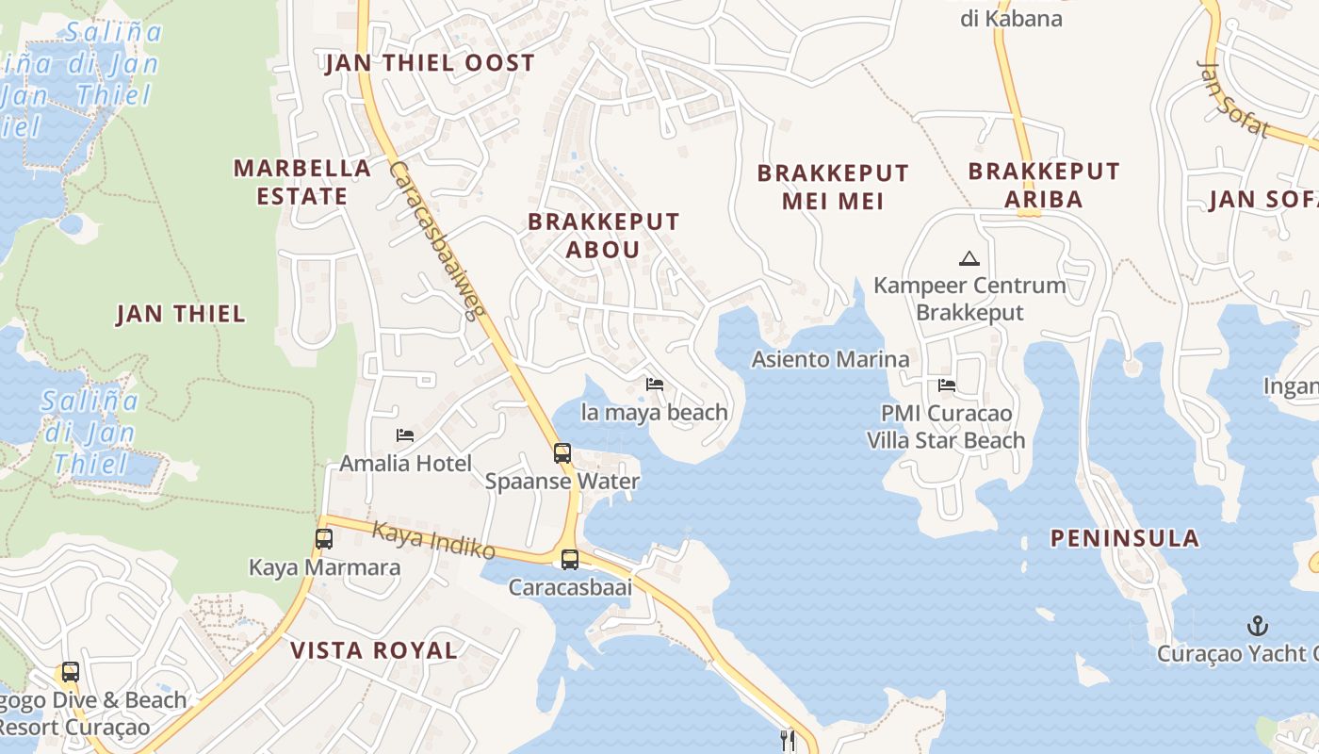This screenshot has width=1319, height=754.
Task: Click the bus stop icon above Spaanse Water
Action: coord(562,453)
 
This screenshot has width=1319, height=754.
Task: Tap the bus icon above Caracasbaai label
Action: coord(570,559)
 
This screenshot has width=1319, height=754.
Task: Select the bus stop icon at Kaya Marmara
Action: coord(324,539)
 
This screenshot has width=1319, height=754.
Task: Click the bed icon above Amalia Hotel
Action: coord(405,434)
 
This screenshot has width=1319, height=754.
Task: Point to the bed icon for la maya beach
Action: coord(655,384)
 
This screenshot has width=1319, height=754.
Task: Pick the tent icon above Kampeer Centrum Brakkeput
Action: coord(969,257)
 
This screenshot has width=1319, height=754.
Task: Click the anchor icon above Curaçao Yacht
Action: coord(1257,626)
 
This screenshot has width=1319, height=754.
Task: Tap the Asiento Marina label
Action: coord(830,359)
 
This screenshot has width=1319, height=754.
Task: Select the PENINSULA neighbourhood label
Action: coord(1125,538)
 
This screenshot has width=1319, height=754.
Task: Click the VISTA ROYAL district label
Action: coord(374,650)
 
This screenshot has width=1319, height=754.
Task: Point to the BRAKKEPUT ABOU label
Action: coord(603,236)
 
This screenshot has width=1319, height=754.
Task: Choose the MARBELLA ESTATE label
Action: coord(302,182)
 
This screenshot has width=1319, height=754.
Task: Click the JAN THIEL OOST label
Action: coord(430,63)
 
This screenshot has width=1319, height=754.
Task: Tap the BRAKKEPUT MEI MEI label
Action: coord(833,187)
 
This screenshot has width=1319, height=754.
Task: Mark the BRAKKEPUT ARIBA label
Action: coord(1044,185)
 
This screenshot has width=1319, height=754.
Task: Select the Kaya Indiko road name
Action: coord(433,538)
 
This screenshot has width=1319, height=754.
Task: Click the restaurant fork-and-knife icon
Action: coord(788,741)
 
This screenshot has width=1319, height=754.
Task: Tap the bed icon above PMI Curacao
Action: coord(947,385)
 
